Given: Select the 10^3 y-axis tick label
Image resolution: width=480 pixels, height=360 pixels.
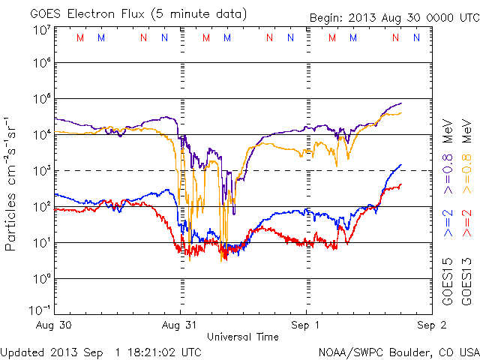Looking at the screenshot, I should [x=42, y=171].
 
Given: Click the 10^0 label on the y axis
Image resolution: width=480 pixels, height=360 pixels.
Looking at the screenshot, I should [x=42, y=279].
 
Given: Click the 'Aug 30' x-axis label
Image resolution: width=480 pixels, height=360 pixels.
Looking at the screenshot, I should [x=55, y=325].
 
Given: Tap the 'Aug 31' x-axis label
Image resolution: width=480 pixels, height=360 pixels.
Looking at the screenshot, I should [x=181, y=325].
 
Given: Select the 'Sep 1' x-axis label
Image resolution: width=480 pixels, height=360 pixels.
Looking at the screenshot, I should [x=306, y=325].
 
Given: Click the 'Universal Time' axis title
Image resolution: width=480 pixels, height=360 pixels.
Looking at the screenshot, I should [x=242, y=337].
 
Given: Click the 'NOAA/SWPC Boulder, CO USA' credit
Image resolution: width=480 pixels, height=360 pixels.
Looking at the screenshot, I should [x=398, y=351].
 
